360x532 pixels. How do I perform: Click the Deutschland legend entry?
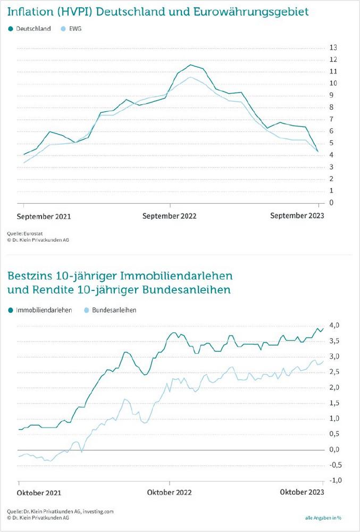[29, 29]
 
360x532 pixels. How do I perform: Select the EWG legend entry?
[71, 29]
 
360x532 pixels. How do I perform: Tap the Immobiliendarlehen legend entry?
[40, 310]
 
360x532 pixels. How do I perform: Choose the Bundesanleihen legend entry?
[110, 310]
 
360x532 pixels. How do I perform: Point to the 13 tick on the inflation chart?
[333, 47]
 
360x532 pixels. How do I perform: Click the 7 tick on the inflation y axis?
[331, 119]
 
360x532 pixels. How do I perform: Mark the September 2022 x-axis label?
[169, 216]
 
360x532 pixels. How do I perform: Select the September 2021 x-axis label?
[44, 217]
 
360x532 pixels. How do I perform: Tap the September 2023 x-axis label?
[297, 215]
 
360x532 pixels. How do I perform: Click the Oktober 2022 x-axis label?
[169, 492]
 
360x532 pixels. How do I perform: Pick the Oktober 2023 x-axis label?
[302, 492]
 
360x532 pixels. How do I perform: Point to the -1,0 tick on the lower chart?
[335, 480]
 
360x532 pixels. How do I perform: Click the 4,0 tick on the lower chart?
[334, 326]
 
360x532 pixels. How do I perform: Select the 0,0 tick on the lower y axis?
[334, 449]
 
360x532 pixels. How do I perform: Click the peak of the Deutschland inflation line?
[190, 65]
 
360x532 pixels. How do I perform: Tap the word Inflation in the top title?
[30, 12]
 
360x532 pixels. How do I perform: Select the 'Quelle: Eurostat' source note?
[25, 234]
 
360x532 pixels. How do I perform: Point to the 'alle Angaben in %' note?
[323, 518]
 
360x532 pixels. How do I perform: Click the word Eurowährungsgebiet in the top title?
[251, 12]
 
